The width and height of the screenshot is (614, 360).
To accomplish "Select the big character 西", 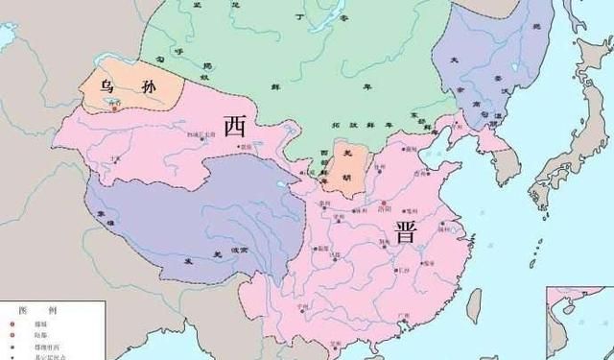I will [x=233, y=126].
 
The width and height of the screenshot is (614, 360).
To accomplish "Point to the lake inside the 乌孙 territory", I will [x=117, y=97].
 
